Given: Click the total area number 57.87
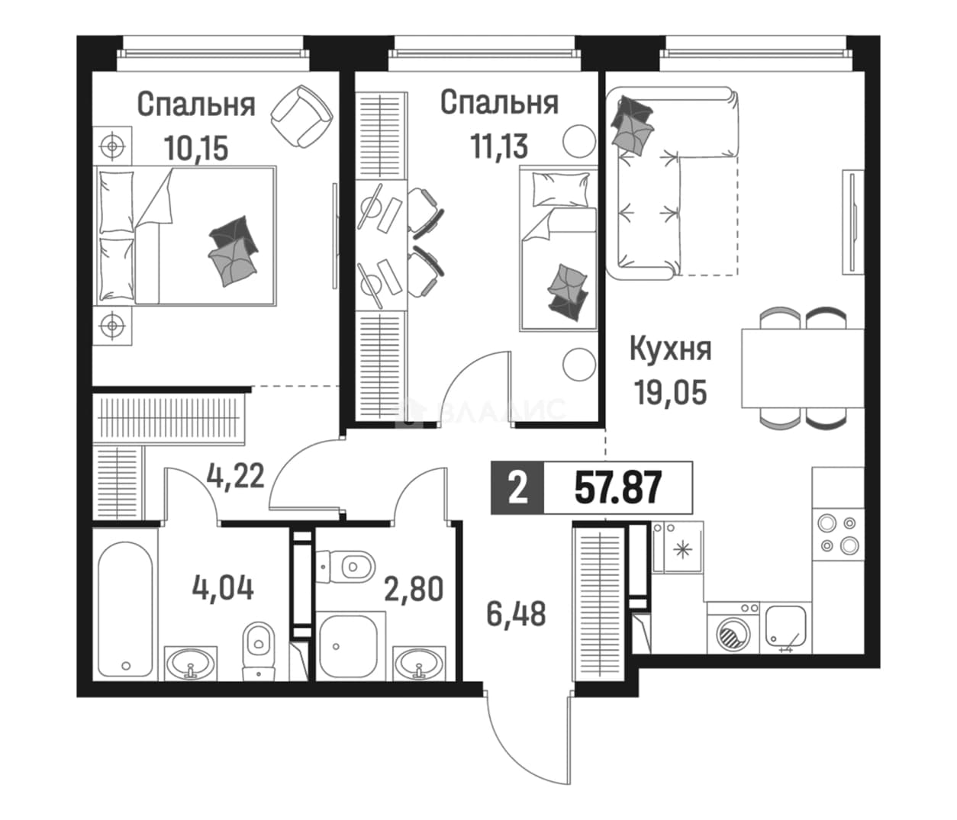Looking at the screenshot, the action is [x=617, y=487].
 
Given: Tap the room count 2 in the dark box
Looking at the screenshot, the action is [x=517, y=488].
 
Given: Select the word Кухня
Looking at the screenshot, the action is [x=670, y=350].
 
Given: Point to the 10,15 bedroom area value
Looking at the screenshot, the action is [x=196, y=147].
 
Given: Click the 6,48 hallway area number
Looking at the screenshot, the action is [x=516, y=613].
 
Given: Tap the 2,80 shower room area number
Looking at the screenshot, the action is [x=414, y=589].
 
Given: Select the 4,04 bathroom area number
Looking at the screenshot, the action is [x=223, y=588].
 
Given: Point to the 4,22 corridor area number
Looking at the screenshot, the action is [x=235, y=475].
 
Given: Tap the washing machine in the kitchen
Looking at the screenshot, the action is [x=733, y=628].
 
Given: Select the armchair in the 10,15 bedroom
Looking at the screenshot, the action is [x=302, y=116].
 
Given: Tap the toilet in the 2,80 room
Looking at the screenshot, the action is [x=345, y=567].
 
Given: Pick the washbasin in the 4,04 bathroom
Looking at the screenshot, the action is [x=192, y=663].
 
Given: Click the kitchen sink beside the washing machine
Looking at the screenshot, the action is [x=785, y=628].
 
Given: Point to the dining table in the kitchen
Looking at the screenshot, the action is [x=803, y=368].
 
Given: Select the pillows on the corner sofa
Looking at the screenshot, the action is [x=633, y=125].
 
